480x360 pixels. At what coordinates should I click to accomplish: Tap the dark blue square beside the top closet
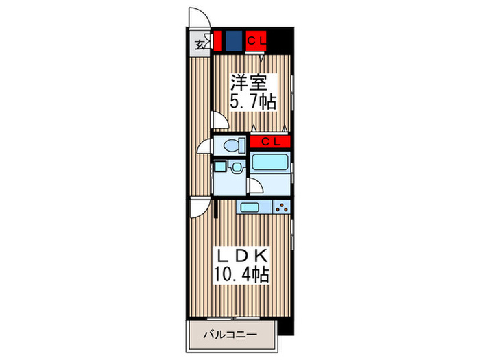(x=234, y=42)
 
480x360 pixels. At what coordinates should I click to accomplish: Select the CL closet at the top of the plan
(x=256, y=41)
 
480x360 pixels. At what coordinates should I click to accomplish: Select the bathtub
(x=270, y=163)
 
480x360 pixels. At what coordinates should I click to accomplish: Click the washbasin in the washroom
(x=236, y=167)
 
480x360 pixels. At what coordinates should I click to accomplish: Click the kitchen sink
(x=248, y=207)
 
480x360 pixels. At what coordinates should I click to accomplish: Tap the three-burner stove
(x=281, y=207)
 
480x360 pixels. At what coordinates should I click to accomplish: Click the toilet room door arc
(x=205, y=145)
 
